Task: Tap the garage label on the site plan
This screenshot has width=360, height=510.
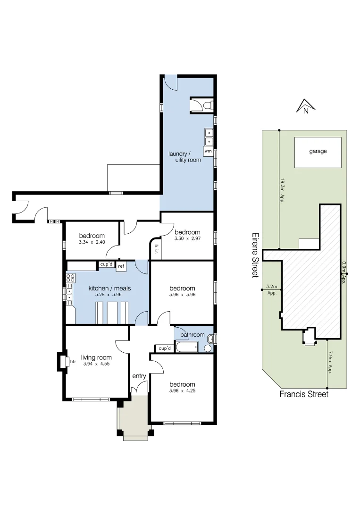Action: [x=318, y=152]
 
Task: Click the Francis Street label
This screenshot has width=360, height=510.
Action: [x=304, y=394]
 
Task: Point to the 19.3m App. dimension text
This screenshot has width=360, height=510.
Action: [x=282, y=190]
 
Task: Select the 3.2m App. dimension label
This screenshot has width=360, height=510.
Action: [x=271, y=289]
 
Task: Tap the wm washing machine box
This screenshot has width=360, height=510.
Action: [x=208, y=151]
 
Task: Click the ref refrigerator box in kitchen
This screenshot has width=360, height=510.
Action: [x=121, y=266]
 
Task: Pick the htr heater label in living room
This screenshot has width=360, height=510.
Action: [x=73, y=362]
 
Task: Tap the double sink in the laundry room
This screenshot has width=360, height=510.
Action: [x=209, y=137]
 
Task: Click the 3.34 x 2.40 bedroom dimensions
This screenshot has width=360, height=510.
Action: [x=92, y=242]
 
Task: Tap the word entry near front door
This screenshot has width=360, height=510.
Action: [x=139, y=376]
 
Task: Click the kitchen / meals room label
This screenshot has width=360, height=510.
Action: [x=109, y=289]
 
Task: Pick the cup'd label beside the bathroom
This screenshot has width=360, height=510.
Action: [x=164, y=348]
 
